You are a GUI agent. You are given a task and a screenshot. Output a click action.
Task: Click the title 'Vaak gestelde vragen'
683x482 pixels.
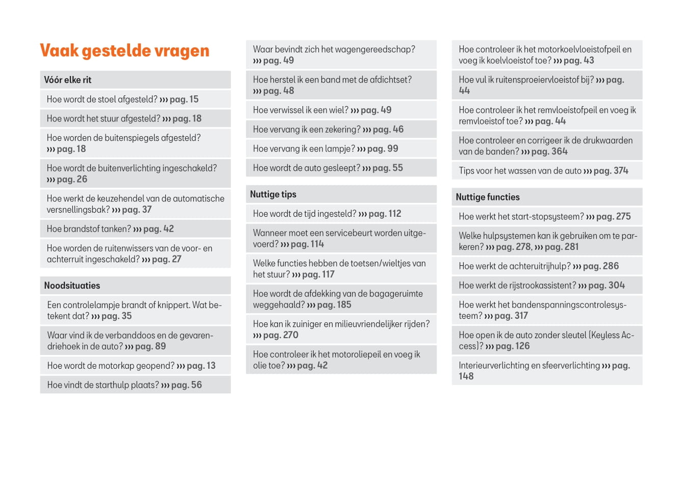pos(124,50)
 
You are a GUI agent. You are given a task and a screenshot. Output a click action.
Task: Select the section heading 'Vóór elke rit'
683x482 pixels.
pos(68,80)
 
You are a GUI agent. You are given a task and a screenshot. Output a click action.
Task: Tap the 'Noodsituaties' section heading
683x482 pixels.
pos(72,286)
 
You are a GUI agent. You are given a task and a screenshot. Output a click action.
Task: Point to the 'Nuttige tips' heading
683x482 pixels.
pos(273,194)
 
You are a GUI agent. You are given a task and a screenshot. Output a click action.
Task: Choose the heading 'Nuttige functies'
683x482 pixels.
pos(488,197)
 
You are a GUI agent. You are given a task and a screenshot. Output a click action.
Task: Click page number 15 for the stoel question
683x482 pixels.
pos(194,99)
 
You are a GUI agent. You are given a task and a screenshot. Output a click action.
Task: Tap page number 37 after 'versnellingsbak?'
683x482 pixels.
pos(147,210)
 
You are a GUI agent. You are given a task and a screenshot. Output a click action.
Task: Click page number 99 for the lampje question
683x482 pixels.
pos(393,149)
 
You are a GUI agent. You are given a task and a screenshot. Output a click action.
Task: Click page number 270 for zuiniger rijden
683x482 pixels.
pos(291,335)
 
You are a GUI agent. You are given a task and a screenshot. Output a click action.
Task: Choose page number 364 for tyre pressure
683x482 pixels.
pos(559,151)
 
